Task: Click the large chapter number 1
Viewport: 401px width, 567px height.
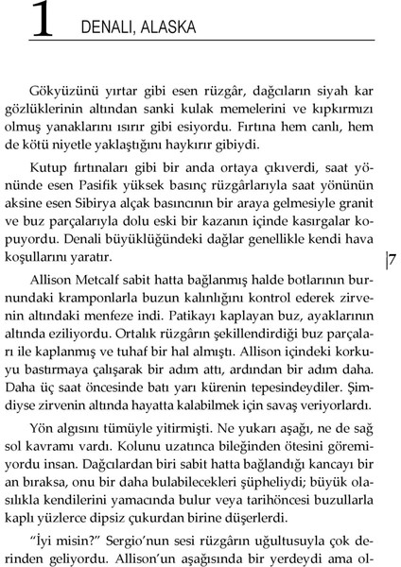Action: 42,22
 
